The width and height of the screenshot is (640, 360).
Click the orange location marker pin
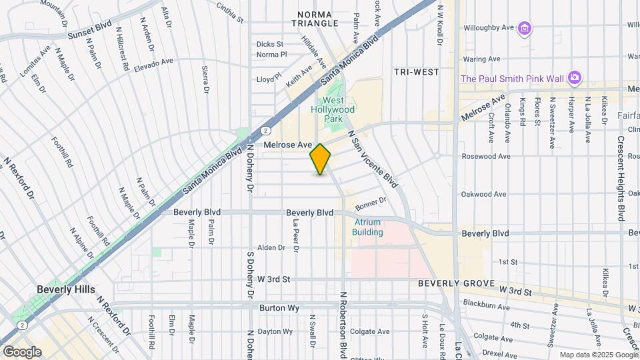(x=320, y=159)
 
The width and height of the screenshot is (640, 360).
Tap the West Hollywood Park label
(x=334, y=109)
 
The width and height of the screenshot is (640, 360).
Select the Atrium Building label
(x=368, y=227)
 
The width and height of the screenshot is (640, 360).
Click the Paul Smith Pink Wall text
(x=511, y=79)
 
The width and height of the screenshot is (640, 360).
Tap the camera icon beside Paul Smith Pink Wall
(x=574, y=78)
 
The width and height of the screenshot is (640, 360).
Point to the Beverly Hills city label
(x=65, y=290)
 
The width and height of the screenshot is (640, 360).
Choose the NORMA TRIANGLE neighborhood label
(x=318, y=18)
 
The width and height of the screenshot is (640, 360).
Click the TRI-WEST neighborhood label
(x=416, y=71)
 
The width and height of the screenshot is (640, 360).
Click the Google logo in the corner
(x=22, y=351)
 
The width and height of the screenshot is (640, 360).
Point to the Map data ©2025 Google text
(x=598, y=355)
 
